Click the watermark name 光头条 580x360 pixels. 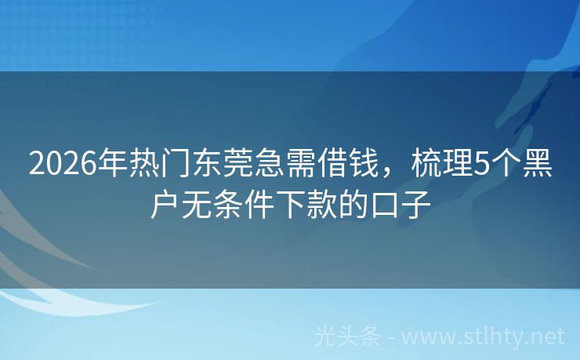pos(346,336)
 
